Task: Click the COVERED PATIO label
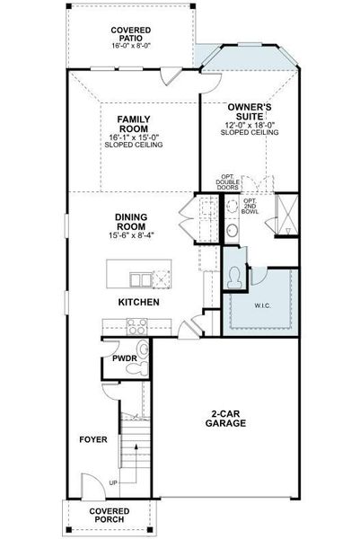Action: tap(130, 34)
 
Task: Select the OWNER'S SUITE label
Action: tap(250, 110)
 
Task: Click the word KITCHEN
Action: tap(139, 303)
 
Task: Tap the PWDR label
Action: tap(123, 358)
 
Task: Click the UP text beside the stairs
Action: tap(112, 482)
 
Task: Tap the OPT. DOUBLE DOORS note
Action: tap(229, 181)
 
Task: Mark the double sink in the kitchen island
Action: tap(141, 276)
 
